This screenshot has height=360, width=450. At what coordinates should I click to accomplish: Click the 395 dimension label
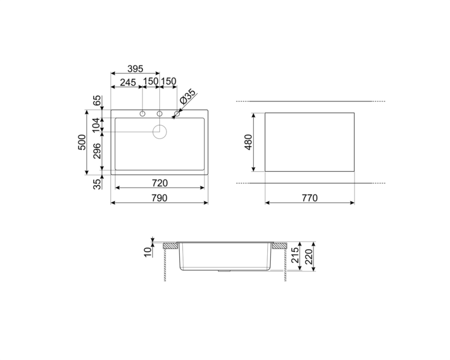[135, 69]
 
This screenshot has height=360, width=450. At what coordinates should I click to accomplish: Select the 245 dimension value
[128, 83]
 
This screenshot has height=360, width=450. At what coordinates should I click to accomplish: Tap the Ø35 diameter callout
[187, 97]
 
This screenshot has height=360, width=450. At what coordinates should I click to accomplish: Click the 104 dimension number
[97, 125]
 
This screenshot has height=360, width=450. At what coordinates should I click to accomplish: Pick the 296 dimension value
[97, 151]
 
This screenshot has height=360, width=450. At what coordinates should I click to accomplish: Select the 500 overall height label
[82, 142]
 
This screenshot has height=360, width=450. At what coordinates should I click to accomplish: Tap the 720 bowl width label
[159, 183]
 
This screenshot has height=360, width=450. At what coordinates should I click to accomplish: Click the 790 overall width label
[159, 198]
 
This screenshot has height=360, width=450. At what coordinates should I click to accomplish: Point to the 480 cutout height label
[248, 142]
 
